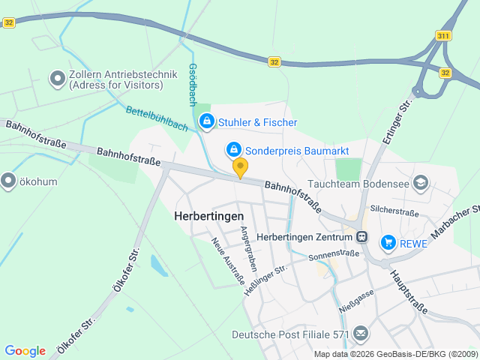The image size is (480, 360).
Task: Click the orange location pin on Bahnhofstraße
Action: pyautogui.click(x=240, y=167)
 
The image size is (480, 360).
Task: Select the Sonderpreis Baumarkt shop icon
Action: pyautogui.click(x=234, y=151)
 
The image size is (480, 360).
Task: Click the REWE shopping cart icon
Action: pyautogui.click(x=388, y=241)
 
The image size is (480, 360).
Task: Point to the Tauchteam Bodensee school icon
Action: pyautogui.click(x=421, y=182)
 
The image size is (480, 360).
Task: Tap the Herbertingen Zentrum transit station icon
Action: pyautogui.click(x=362, y=237)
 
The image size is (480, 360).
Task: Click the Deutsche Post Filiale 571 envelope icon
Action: pyautogui.click(x=361, y=334)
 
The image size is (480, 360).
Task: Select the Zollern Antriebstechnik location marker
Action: pyautogui.click(x=57, y=78)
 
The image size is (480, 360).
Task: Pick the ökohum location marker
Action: pyautogui.click(x=8, y=181)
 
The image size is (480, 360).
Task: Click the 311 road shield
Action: pyautogui.click(x=442, y=36)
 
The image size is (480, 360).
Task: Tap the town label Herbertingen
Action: pyautogui.click(x=209, y=215)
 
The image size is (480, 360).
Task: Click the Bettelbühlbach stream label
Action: pyautogui.click(x=157, y=118)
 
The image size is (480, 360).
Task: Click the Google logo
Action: pyautogui.click(x=25, y=351)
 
